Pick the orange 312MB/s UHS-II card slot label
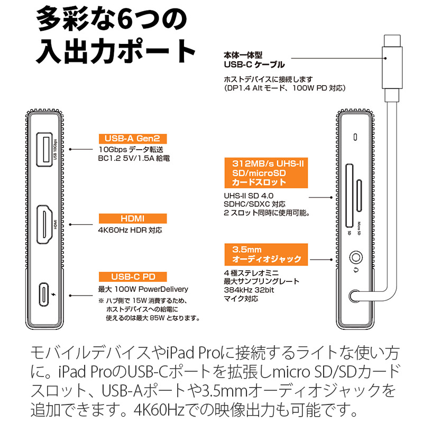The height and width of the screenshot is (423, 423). tap(262, 172)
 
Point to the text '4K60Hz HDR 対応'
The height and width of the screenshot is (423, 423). tap(130, 231)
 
